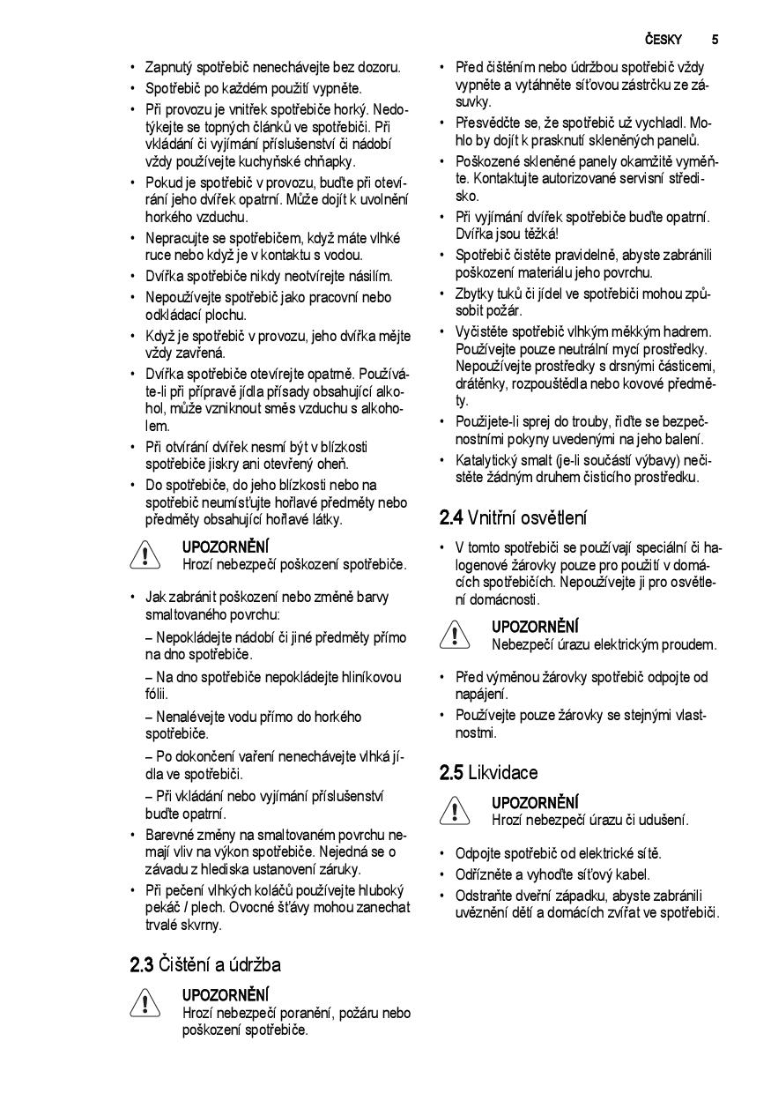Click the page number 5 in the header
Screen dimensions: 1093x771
click(x=715, y=40)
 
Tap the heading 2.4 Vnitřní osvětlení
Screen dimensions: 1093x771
click(x=513, y=517)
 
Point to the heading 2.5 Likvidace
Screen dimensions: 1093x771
click(x=488, y=773)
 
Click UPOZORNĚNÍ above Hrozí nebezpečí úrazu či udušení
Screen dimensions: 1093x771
click(x=535, y=803)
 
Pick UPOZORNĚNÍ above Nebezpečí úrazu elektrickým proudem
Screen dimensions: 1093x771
click(x=535, y=628)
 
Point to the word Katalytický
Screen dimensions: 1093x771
click(x=487, y=460)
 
